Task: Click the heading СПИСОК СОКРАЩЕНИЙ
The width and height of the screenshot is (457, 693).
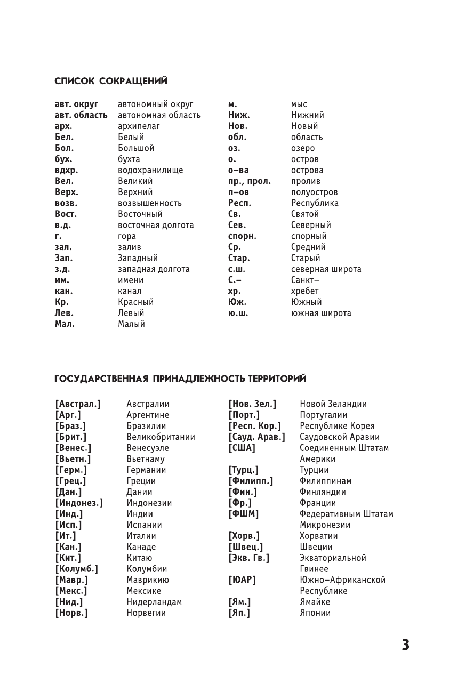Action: [x=111, y=81]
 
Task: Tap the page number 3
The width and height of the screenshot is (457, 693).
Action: [x=405, y=645]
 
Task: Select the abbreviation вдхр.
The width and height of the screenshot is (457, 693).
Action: [x=66, y=171]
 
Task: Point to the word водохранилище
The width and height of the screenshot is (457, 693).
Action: [x=150, y=171]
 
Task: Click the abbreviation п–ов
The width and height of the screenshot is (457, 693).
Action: [x=238, y=192]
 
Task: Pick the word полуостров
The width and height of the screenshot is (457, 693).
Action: [x=314, y=192]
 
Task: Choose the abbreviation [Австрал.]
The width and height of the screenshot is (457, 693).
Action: [x=78, y=404]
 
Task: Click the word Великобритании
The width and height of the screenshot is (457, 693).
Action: [x=161, y=437]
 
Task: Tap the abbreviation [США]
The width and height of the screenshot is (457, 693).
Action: [x=242, y=448]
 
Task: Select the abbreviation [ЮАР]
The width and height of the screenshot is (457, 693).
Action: [x=242, y=580]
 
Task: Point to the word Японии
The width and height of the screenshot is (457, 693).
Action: [x=315, y=613]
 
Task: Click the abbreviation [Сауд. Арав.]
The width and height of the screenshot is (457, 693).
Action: [x=256, y=437]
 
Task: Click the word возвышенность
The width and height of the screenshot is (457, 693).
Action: [x=150, y=204]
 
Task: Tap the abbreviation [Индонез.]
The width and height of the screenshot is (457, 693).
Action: [x=79, y=503]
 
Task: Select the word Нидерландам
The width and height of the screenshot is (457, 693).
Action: [x=154, y=602]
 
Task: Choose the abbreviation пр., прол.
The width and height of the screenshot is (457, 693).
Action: [x=249, y=182]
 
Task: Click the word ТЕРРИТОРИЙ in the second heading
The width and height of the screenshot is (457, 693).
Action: [x=276, y=379]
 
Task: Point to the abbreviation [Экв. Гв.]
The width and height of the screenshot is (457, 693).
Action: [x=249, y=558]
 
